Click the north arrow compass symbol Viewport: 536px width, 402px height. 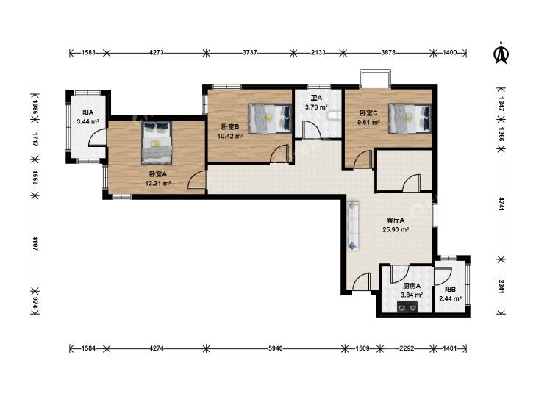[501, 53]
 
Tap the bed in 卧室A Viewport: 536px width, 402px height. [157, 143]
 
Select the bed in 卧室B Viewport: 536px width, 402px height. [270, 118]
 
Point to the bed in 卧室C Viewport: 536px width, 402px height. [410, 118]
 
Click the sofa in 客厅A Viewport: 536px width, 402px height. [354, 226]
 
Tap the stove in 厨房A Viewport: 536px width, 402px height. [407, 307]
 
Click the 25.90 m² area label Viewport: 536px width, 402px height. [396, 230]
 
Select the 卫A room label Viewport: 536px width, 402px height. [316, 98]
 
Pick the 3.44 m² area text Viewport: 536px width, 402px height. [87, 121]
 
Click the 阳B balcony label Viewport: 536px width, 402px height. [450, 290]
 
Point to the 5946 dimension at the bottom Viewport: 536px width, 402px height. [276, 348]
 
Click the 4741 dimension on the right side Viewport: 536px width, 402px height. [501, 204]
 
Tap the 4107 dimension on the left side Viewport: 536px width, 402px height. [35, 243]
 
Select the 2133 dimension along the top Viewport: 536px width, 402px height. [318, 53]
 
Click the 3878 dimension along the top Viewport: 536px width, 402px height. [388, 53]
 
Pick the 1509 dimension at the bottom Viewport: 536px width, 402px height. [362, 348]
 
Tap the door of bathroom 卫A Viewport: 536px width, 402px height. [312, 130]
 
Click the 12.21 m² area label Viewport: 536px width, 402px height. [158, 184]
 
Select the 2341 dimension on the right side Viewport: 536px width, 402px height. [501, 287]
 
